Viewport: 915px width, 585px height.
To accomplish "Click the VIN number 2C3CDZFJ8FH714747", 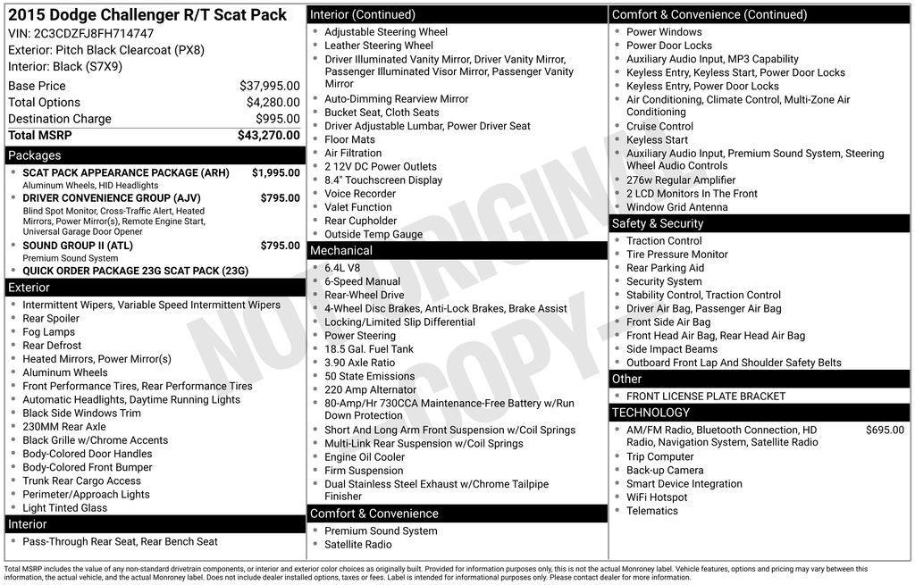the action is tap(94, 33).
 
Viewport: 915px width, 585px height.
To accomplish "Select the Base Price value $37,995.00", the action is tap(269, 86).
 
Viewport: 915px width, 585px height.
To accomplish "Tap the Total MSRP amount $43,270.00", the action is tap(268, 136).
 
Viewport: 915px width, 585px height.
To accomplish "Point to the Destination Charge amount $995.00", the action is tap(277, 119).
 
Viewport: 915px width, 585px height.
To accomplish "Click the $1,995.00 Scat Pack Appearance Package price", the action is tap(275, 172).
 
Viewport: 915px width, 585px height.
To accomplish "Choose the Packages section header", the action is tap(35, 155).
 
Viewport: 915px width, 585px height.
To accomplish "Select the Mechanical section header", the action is tap(341, 251).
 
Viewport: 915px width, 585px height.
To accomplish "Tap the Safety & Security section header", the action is tap(658, 223).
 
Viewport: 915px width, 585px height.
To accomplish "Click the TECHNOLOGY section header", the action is tap(651, 413).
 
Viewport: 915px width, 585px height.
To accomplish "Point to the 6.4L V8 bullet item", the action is tap(342, 268).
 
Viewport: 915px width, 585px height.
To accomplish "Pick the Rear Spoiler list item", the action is tap(51, 318).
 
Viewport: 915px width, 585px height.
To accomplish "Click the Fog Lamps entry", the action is tap(49, 331).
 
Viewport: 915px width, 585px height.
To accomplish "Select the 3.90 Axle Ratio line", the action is tap(359, 363).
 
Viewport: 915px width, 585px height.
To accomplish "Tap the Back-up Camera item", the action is tap(665, 470).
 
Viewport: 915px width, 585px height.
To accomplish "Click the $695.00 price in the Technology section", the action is tap(885, 430).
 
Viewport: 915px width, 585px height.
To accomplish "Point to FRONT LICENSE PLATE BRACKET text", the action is tap(706, 396).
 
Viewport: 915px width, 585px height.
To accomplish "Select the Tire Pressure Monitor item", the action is tap(676, 255).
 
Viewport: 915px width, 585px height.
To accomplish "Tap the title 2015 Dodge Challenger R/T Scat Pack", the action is tap(147, 14).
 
